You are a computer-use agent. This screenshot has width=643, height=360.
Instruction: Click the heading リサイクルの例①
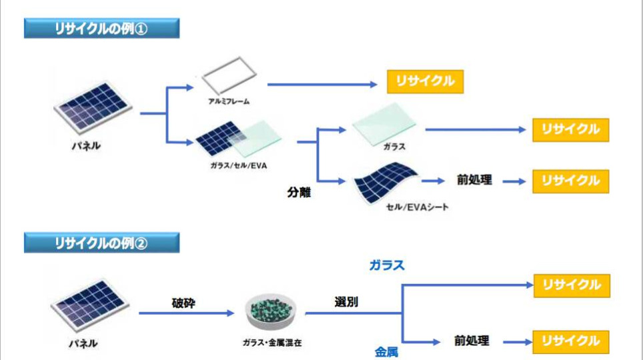101,28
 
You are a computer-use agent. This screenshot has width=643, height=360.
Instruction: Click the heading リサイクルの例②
101,243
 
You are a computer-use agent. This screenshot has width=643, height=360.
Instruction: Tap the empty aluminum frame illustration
227,79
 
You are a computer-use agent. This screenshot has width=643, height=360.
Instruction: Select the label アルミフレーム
227,101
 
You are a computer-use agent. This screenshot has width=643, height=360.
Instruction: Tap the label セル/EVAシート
417,207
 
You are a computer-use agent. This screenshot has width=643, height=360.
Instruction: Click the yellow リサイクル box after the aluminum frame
425,81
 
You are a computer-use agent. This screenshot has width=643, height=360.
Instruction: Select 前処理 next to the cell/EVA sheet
474,180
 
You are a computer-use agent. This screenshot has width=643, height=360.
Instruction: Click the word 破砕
183,303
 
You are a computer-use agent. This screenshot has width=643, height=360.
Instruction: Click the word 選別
346,301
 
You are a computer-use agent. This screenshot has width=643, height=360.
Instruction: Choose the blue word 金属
386,351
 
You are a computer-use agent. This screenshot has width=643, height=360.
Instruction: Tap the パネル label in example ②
84,343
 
